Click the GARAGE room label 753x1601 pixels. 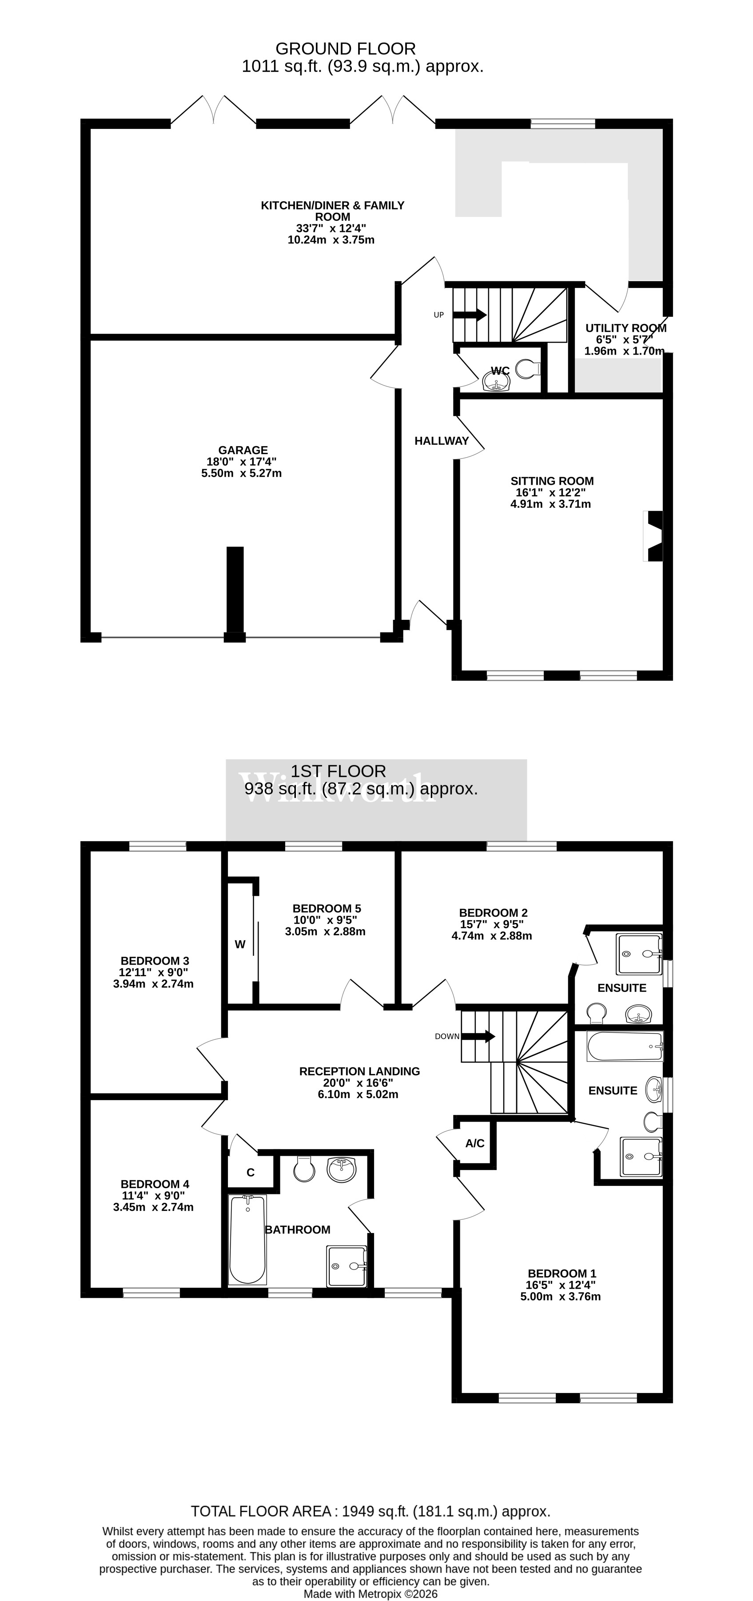click(x=243, y=450)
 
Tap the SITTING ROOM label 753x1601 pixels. click(x=552, y=481)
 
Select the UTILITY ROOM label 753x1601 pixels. click(x=626, y=328)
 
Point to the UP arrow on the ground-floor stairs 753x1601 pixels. click(x=470, y=315)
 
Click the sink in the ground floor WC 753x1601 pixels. click(x=496, y=382)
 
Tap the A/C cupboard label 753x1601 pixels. click(x=474, y=1144)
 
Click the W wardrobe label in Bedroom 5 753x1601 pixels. click(x=240, y=945)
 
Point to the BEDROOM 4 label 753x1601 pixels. click(x=155, y=1185)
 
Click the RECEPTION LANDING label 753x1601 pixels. click(x=359, y=1071)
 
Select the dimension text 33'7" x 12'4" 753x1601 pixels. click(x=331, y=228)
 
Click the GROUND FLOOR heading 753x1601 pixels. click(x=346, y=48)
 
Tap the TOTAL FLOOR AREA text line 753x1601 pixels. click(x=371, y=1512)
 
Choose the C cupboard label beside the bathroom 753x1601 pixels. click(x=251, y=1173)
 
